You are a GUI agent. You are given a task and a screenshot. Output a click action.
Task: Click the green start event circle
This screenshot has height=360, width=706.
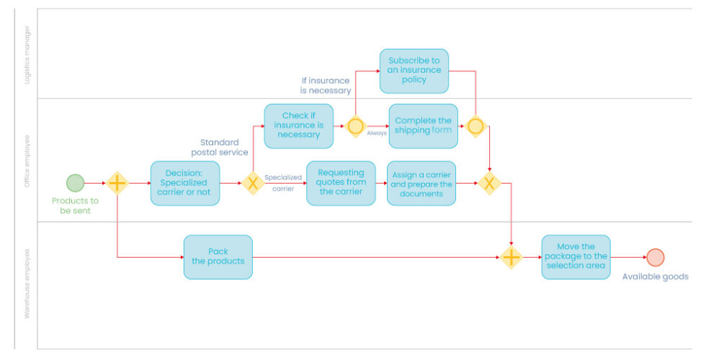click(x=75, y=183)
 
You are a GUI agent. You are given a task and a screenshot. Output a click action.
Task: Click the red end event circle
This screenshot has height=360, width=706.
click(x=655, y=257)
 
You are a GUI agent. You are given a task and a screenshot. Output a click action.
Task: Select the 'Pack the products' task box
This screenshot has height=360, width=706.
click(x=218, y=257)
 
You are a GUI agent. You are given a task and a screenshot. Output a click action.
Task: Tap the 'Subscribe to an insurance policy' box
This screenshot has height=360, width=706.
click(x=414, y=71)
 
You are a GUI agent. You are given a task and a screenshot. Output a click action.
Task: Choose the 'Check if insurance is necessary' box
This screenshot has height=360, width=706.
click(x=298, y=126)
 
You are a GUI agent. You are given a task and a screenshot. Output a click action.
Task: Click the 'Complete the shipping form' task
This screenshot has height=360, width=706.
click(x=423, y=126)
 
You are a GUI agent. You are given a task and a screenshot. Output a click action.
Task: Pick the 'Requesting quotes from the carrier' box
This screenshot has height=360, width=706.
click(x=341, y=183)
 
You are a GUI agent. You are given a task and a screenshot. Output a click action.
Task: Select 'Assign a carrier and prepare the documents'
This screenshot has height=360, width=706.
click(x=421, y=183)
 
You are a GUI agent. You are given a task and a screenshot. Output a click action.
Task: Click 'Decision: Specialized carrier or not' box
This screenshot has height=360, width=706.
click(x=185, y=183)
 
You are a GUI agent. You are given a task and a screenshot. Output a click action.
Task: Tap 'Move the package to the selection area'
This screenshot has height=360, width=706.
click(x=576, y=257)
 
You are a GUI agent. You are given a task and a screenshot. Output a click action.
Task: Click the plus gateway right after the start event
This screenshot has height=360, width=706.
click(x=117, y=183)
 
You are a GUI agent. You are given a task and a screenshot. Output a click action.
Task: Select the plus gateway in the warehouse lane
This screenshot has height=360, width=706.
click(x=511, y=257)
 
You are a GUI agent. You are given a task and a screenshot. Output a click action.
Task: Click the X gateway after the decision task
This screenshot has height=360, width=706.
click(x=252, y=183)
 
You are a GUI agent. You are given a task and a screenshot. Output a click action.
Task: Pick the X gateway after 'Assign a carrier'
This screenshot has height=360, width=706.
click(x=490, y=183)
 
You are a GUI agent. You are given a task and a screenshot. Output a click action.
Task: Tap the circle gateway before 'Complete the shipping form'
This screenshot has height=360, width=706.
click(x=355, y=126)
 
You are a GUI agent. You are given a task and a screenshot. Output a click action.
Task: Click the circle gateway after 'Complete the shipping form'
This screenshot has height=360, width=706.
click(x=475, y=126)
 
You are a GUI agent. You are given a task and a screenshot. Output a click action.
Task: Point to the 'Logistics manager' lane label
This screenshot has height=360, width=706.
click(x=27, y=55)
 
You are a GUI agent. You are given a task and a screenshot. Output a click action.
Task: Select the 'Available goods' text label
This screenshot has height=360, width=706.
click(x=655, y=276)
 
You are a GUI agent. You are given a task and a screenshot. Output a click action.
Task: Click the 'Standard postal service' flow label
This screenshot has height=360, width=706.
click(x=220, y=147)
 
